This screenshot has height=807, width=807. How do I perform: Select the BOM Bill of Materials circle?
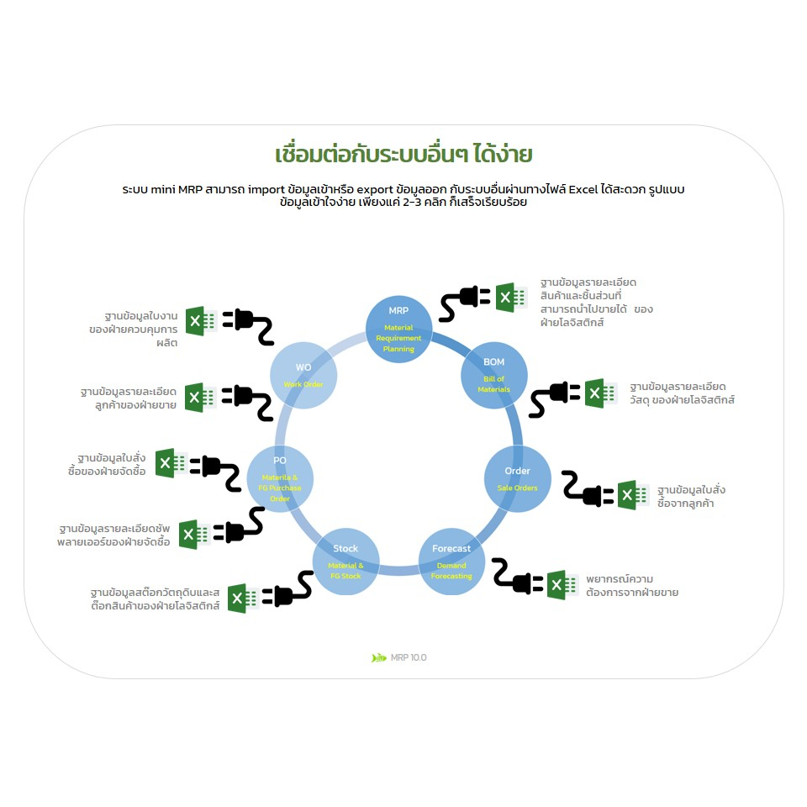tap(494, 375)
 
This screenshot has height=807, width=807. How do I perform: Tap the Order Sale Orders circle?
tap(517, 478)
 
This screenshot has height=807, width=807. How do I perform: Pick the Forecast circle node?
tap(451, 561)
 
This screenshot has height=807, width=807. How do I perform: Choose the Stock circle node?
tap(345, 561)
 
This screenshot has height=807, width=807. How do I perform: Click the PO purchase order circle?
tap(280, 478)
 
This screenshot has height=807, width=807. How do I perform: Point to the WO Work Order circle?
tap(303, 376)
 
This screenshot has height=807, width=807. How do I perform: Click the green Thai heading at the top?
tap(403, 155)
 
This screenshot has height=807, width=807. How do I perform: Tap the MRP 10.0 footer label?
tap(409, 657)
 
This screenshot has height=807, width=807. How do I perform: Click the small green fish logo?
tap(379, 657)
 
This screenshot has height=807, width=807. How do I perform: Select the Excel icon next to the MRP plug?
tap(508, 297)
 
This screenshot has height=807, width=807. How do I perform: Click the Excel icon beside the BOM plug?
tap(598, 393)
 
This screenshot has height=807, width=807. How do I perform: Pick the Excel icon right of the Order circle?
tap(630, 494)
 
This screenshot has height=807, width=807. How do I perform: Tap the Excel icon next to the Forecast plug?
tap(560, 584)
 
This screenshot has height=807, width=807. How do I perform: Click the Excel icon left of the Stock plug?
tap(240, 598)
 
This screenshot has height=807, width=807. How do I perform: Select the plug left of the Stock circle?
tap(287, 593)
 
